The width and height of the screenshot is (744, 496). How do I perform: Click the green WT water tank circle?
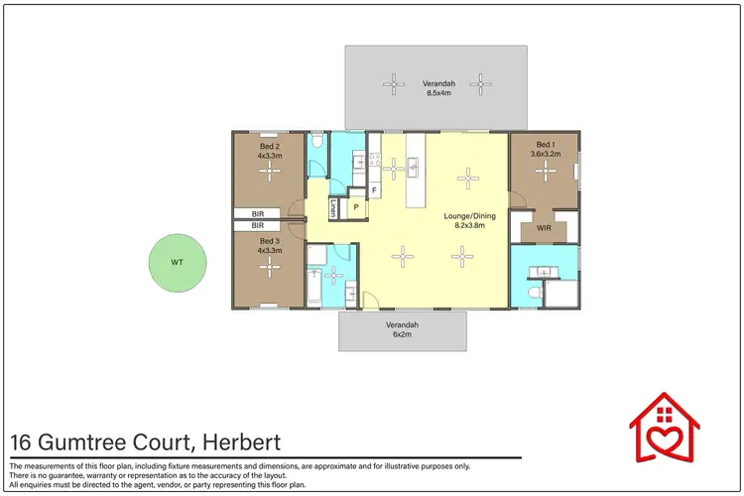coord(177,263)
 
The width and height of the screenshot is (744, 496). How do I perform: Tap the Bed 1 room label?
coord(545,144)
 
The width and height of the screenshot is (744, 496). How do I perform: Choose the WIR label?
coord(544,228)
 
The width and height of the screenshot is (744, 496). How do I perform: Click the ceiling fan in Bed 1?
coord(545,171)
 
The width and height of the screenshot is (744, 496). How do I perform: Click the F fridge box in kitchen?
coord(374,189)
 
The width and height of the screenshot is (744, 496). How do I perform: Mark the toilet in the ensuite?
coord(535,293)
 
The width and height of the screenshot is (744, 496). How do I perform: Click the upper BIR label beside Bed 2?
coord(258,213)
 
